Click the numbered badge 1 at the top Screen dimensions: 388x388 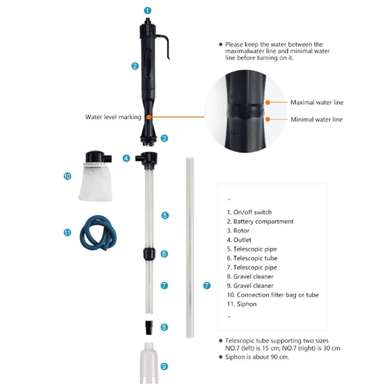pos(148,10)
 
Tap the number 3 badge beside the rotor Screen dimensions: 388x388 pos(164,138)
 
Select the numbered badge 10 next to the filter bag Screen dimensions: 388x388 pos(67,177)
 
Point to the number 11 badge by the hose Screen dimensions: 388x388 pos(67,232)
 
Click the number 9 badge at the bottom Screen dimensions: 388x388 pos(164,366)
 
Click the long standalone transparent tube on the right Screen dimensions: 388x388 pos(188,247)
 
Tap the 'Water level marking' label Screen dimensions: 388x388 pos(113,117)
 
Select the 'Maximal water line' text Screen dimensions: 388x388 pos(317,102)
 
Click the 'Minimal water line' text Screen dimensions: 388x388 pos(316,119)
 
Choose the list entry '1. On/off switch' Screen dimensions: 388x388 pos(249,212)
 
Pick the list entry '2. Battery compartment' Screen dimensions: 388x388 pos(260,221)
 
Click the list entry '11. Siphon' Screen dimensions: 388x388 pos(242,304)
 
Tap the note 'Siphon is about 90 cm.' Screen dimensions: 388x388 pos(257,357)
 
